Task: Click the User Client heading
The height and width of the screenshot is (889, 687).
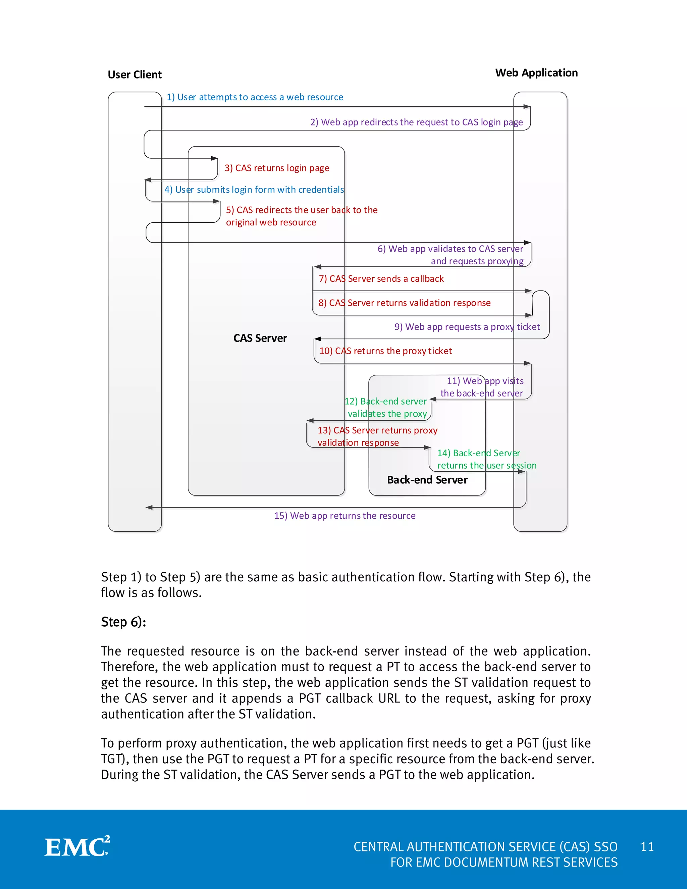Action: [135, 75]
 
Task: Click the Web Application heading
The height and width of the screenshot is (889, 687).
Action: [536, 73]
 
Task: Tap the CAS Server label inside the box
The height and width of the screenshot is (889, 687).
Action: [260, 338]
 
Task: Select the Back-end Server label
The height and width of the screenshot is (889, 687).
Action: [427, 480]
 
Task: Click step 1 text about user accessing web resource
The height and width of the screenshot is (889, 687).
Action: [255, 97]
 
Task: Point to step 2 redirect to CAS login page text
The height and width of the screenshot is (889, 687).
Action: [416, 122]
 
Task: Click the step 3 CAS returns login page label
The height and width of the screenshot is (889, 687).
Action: [277, 168]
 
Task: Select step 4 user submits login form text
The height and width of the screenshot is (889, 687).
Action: [254, 190]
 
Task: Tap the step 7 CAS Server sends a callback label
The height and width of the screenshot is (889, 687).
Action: [381, 279]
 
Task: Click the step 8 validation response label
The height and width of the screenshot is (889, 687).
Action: [404, 303]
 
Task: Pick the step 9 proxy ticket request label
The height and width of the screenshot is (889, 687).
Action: [467, 327]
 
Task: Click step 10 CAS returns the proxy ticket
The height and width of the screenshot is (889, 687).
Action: [385, 351]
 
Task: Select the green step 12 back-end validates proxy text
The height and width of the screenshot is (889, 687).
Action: [386, 408]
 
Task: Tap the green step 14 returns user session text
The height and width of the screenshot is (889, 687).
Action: [486, 459]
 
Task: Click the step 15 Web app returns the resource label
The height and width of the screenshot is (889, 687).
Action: [345, 516]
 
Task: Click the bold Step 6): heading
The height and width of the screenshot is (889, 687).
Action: [123, 622]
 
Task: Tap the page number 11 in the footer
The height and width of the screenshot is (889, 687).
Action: [647, 847]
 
